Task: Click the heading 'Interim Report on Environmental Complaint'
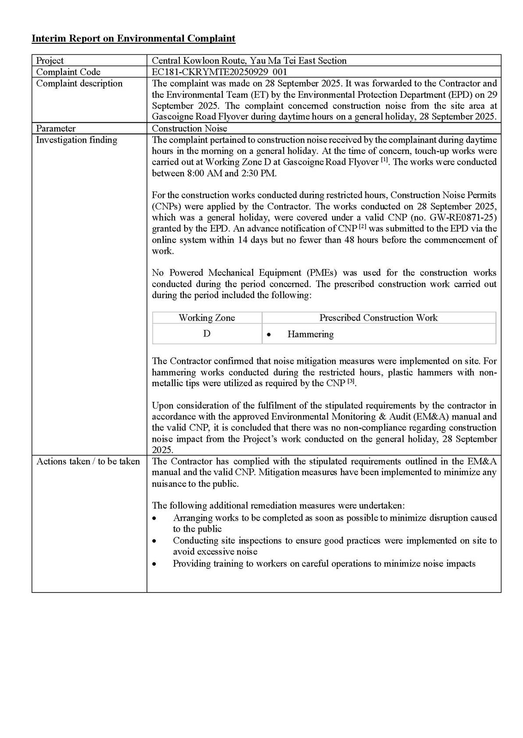point(133,39)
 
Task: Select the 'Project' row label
point(50,60)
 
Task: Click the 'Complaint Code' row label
point(68,72)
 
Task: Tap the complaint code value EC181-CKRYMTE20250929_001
point(219,72)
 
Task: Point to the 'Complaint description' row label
point(79,83)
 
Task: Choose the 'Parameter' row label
point(56,128)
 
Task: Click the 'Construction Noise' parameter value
point(190,128)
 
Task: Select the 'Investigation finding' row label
point(76,140)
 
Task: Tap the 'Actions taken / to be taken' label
point(88,461)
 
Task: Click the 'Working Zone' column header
point(207,318)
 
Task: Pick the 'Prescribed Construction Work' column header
point(378,318)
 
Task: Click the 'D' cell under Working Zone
point(207,334)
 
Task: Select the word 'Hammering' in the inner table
point(310,334)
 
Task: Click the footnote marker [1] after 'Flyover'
point(385,160)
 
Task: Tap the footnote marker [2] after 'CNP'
point(362,227)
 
